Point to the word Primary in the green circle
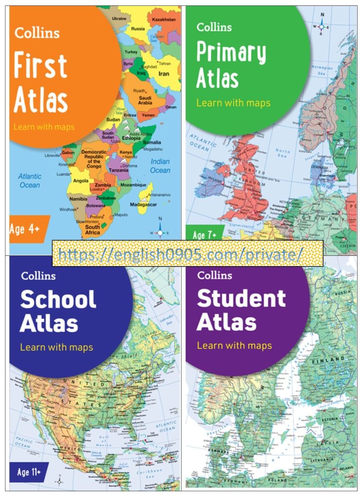(x=231, y=53)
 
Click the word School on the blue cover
(x=58, y=299)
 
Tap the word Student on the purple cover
(x=241, y=298)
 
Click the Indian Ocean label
(x=160, y=166)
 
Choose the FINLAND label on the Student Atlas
(x=332, y=359)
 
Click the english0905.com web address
(x=180, y=253)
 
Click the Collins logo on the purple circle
(x=214, y=276)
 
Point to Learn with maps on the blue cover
(x=57, y=347)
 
